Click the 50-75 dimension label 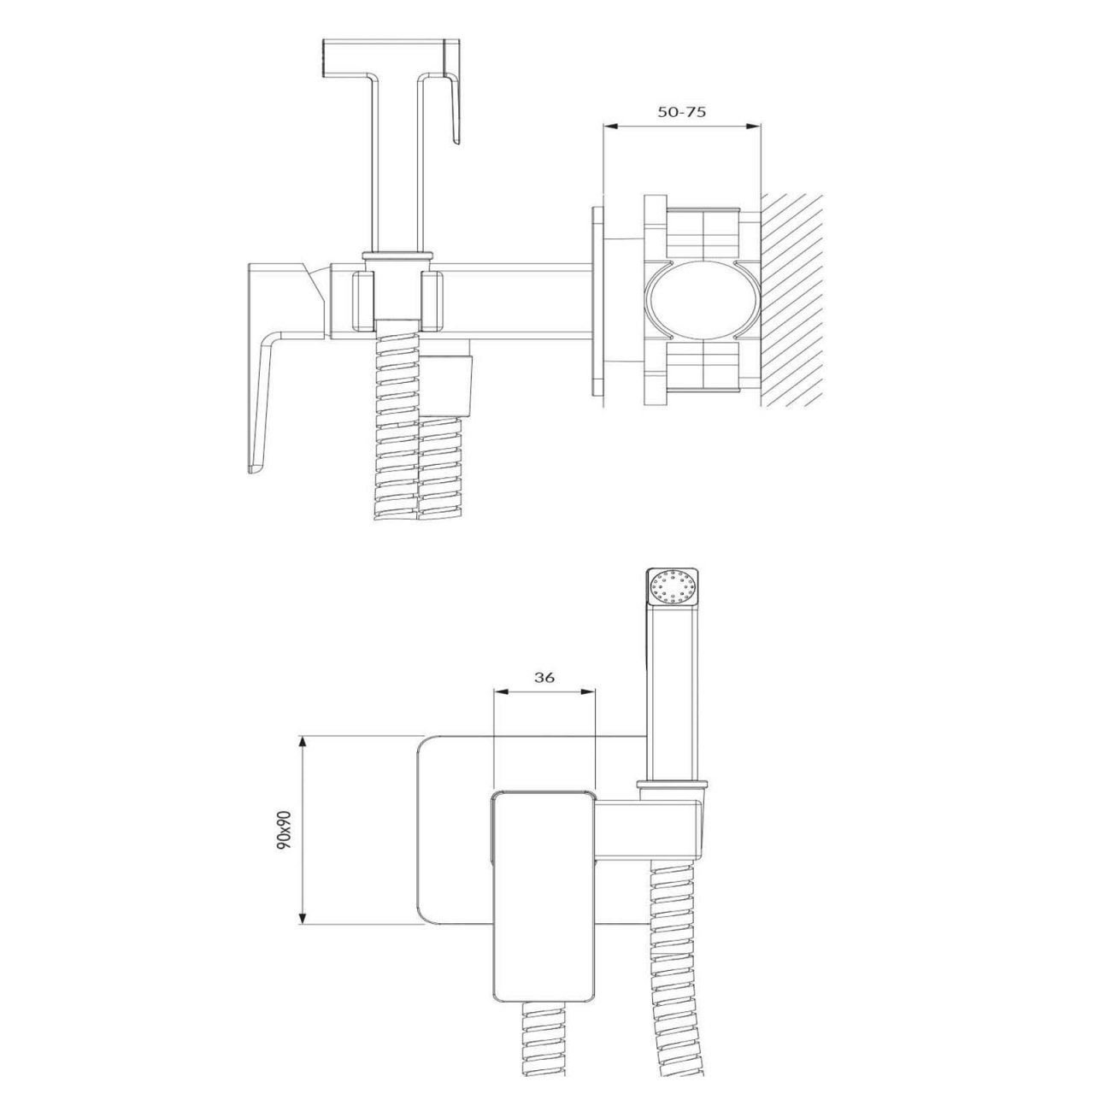(681, 112)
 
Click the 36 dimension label (544, 677)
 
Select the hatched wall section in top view (791, 301)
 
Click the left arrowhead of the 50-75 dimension (609, 126)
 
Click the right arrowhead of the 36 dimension (589, 691)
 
